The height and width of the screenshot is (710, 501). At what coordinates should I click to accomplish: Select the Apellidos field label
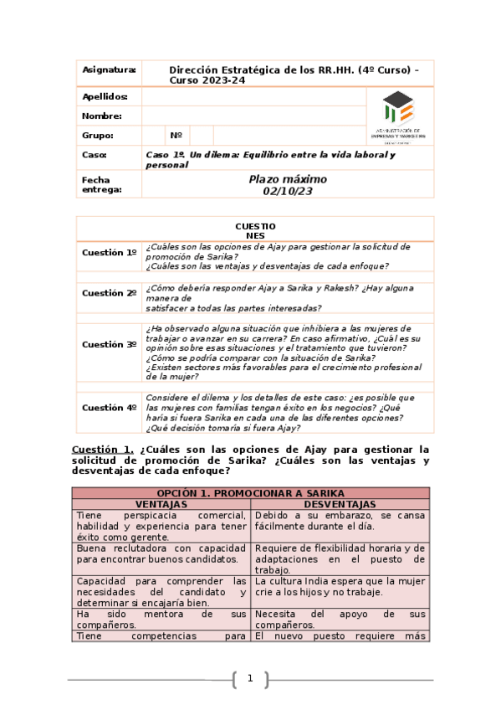click(105, 97)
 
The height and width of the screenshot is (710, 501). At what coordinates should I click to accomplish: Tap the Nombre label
click(101, 116)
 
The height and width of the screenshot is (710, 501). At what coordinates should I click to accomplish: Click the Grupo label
click(98, 135)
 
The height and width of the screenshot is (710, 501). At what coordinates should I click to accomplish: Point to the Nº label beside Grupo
click(176, 135)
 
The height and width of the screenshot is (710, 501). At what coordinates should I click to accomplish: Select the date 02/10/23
click(287, 191)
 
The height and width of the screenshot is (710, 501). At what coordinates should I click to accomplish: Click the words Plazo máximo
click(288, 179)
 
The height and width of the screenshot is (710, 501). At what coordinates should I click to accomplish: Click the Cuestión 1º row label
click(109, 252)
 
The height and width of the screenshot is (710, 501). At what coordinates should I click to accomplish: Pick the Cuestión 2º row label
click(109, 293)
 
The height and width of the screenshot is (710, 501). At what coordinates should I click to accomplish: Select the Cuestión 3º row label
click(109, 344)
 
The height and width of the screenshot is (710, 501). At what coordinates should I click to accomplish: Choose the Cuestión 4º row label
click(109, 407)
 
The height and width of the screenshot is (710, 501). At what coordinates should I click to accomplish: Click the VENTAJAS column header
click(161, 505)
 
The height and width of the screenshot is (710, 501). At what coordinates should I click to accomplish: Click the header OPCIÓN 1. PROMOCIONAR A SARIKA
click(251, 494)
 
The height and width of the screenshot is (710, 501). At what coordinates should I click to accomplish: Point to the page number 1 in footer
click(249, 678)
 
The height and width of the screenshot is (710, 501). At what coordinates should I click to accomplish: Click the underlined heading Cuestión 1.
click(103, 449)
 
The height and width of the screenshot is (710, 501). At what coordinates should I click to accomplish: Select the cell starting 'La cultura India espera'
click(340, 586)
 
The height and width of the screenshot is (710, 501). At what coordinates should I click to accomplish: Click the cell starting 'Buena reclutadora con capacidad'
click(161, 553)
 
